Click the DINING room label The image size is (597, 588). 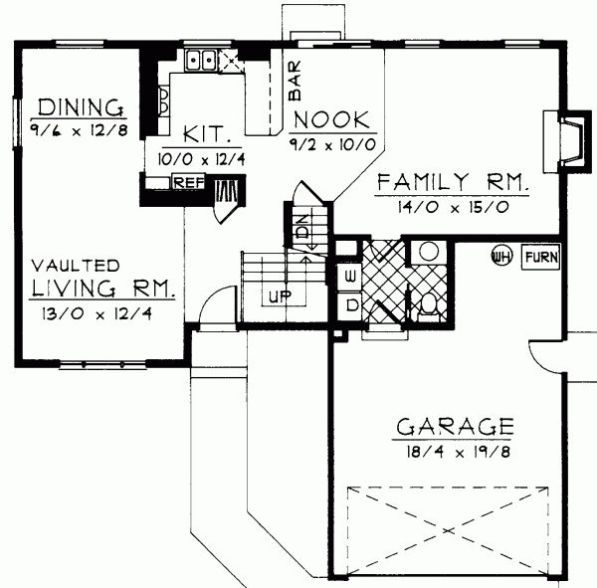[x=79, y=106]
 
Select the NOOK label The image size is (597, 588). [x=333, y=119]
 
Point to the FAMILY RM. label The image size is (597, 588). [x=453, y=182]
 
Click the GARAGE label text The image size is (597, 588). [x=455, y=428]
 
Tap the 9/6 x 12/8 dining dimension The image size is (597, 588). [x=79, y=128]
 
